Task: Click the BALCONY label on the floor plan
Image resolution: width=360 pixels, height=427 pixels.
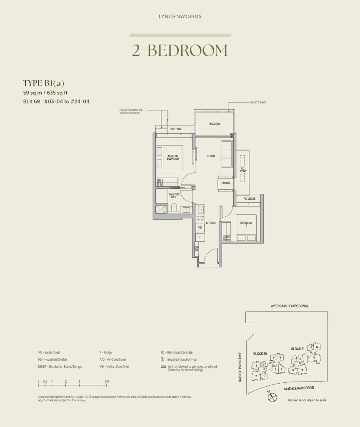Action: click(215, 124)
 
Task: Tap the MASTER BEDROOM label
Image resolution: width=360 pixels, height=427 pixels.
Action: click(173, 158)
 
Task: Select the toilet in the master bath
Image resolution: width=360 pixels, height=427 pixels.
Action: click(175, 209)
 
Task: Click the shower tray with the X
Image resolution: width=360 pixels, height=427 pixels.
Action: click(161, 209)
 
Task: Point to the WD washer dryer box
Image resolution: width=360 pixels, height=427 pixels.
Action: click(200, 228)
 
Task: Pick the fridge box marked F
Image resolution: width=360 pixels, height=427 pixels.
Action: click(200, 236)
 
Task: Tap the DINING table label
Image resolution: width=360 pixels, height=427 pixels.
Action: click(225, 183)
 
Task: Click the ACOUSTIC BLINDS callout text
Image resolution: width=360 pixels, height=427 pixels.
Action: click(258, 102)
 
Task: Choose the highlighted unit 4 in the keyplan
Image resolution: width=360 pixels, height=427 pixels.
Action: click(264, 366)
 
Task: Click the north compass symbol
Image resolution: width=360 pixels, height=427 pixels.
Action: click(271, 398)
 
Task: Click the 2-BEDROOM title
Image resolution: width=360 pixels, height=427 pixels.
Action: click(180, 50)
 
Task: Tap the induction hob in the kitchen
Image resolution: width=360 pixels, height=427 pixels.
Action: click(200, 219)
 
